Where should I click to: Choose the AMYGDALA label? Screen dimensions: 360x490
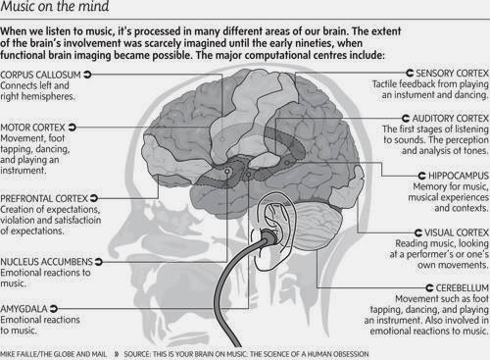(x=26, y=307)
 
